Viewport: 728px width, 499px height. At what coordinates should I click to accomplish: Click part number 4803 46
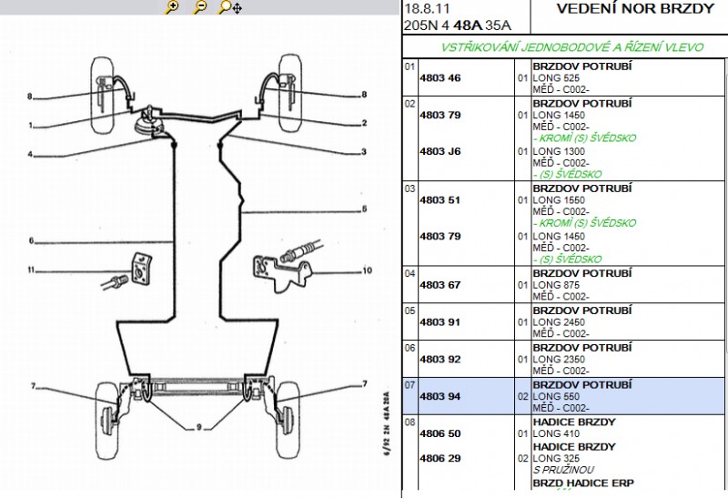(x=440, y=78)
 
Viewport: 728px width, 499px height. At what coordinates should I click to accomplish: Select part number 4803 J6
(x=440, y=151)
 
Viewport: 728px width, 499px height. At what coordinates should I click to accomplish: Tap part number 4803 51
(x=440, y=199)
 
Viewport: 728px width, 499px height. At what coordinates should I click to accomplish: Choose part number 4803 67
(x=440, y=285)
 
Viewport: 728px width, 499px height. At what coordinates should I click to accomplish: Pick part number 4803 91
(x=440, y=322)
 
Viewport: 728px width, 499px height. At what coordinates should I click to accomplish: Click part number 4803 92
(x=440, y=360)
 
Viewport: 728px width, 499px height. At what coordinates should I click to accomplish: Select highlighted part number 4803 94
(x=440, y=397)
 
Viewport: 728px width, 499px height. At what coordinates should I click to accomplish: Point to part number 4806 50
(x=440, y=434)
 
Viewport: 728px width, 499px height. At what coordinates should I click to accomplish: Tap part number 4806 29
(x=440, y=458)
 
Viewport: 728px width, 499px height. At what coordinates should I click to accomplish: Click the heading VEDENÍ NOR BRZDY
(x=634, y=9)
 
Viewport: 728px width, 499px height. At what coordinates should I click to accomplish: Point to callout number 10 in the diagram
(x=367, y=270)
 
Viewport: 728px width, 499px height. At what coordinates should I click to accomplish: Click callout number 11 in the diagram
(x=30, y=270)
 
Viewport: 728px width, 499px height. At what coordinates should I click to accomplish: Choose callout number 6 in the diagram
(x=30, y=241)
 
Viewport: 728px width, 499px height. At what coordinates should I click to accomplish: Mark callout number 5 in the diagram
(x=364, y=209)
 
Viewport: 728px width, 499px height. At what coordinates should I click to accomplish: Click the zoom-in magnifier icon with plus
(x=171, y=8)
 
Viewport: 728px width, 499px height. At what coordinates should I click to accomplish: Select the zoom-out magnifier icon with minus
(x=200, y=8)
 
